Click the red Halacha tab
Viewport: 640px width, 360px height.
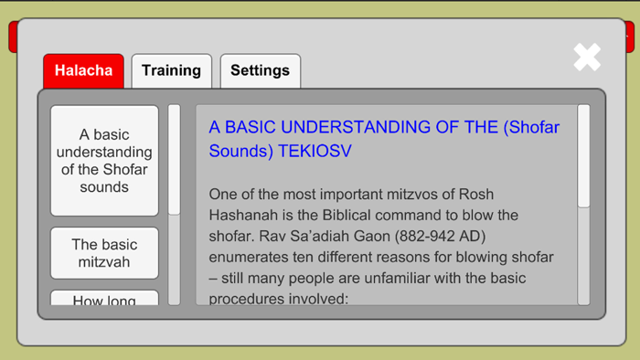pyautogui.click(x=83, y=70)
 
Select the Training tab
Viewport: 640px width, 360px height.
pyautogui.click(x=171, y=70)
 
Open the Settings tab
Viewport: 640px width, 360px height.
pyautogui.click(x=260, y=70)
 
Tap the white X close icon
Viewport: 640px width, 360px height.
pyautogui.click(x=587, y=58)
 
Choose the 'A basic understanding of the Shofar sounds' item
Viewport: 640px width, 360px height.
pyautogui.click(x=104, y=161)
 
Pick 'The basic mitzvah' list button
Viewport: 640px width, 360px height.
pyautogui.click(x=104, y=253)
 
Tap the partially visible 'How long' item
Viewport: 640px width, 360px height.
pyautogui.click(x=104, y=300)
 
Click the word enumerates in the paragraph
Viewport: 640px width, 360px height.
pyautogui.click(x=251, y=257)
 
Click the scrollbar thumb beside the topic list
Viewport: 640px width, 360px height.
pyautogui.click(x=174, y=160)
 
